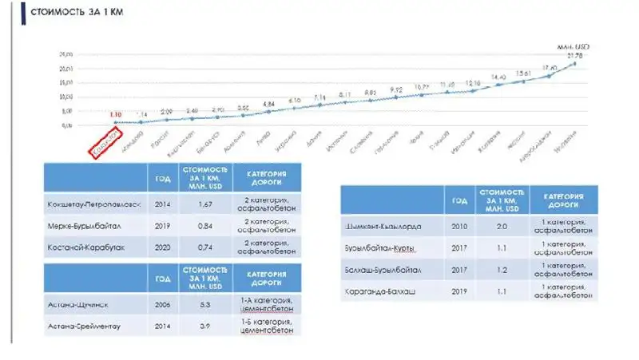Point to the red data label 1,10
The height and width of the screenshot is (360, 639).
pos(116,115)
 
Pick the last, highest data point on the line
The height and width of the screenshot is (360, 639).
pos(575,63)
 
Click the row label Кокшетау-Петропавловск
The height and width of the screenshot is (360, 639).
pos(94,204)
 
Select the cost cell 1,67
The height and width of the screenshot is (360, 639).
pos(204,204)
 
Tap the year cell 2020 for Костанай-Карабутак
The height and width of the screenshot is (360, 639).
pos(163,247)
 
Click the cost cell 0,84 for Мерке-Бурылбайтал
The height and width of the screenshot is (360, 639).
pos(204,225)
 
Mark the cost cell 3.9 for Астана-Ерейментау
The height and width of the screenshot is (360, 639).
pos(204,325)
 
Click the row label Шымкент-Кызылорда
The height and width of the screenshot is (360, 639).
pos(382,226)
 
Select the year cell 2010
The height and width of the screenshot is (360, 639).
pos(458,226)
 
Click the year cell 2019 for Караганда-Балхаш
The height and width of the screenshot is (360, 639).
pos(458,291)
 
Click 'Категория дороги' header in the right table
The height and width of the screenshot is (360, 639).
pos(564,199)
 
